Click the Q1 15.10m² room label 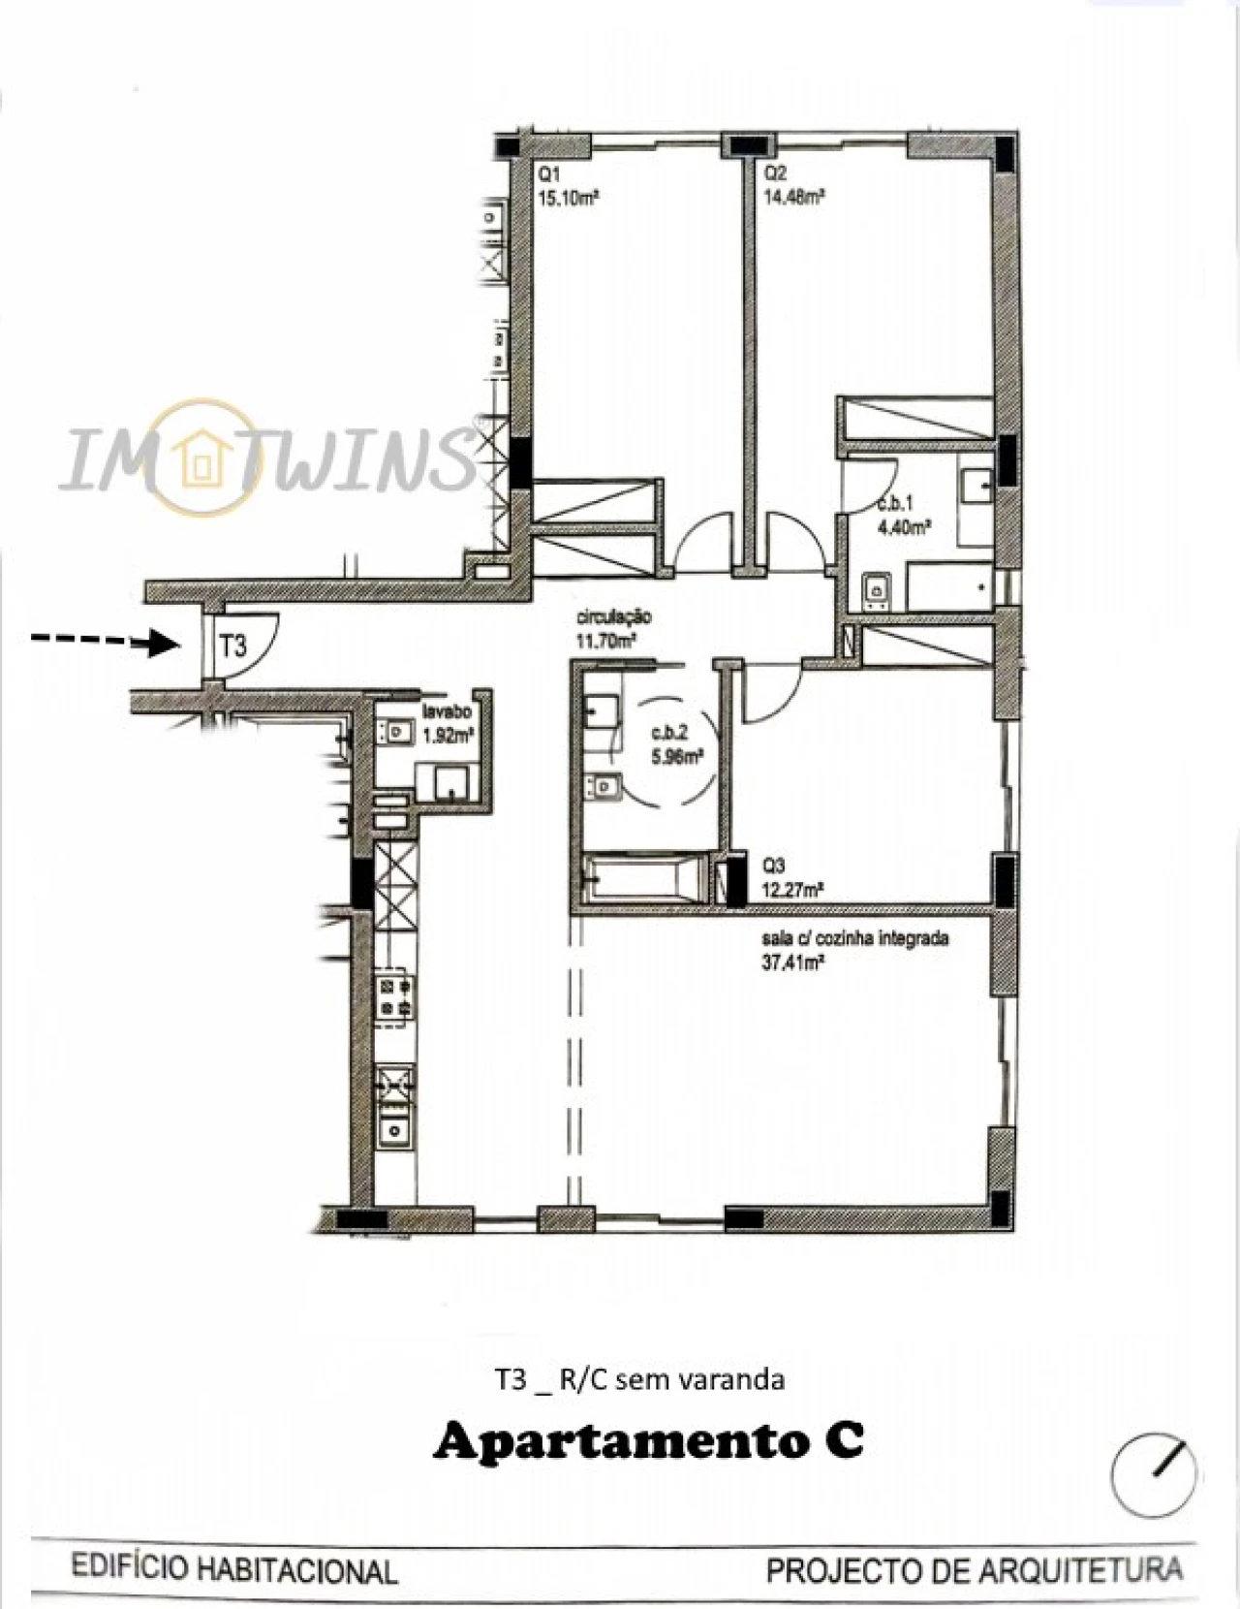567,185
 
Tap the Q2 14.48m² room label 793,185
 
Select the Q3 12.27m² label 792,877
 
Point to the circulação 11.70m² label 614,628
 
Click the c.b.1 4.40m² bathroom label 903,516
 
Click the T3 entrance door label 233,646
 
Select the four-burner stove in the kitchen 395,996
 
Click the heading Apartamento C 648,1441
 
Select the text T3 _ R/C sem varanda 639,1379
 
